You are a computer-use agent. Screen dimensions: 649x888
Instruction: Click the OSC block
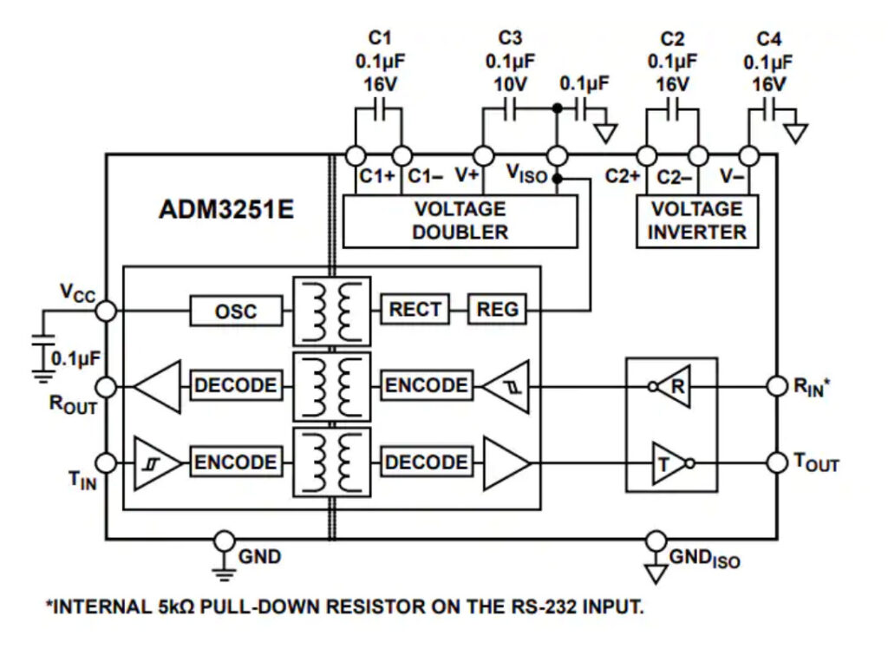pyautogui.click(x=236, y=310)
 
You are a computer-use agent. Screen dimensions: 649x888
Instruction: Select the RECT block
pyautogui.click(x=415, y=309)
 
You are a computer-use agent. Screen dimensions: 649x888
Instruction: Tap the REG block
pyautogui.click(x=498, y=309)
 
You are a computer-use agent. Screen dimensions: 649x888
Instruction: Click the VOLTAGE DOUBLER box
pyautogui.click(x=460, y=220)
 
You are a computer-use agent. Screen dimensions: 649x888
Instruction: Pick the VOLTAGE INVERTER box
pyautogui.click(x=696, y=220)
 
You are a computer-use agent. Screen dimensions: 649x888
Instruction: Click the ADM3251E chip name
pyautogui.click(x=227, y=211)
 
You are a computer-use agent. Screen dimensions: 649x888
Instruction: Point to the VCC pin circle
pyautogui.click(x=107, y=310)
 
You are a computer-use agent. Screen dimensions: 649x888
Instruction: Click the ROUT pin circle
pyautogui.click(x=107, y=385)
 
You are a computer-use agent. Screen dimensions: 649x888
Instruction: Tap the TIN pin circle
pyautogui.click(x=107, y=462)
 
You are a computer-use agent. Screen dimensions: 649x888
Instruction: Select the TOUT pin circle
pyautogui.click(x=776, y=462)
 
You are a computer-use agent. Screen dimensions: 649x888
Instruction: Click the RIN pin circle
pyautogui.click(x=776, y=385)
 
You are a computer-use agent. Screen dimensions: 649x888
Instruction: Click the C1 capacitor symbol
pyautogui.click(x=379, y=111)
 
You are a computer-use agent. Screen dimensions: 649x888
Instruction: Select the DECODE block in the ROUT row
pyautogui.click(x=236, y=385)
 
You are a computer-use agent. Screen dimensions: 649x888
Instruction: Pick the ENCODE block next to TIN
pyautogui.click(x=236, y=462)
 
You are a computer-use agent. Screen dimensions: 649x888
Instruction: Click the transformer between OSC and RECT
pyautogui.click(x=332, y=311)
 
